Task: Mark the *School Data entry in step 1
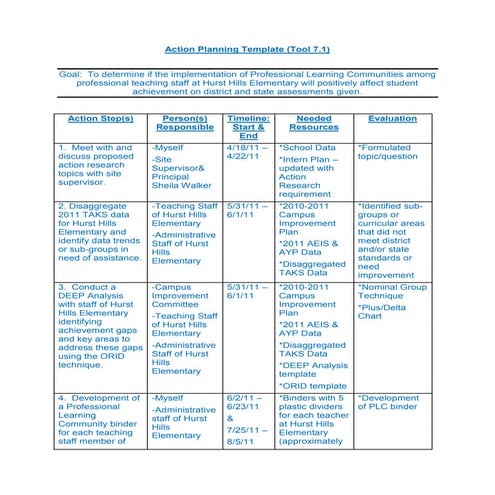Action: [309, 147]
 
